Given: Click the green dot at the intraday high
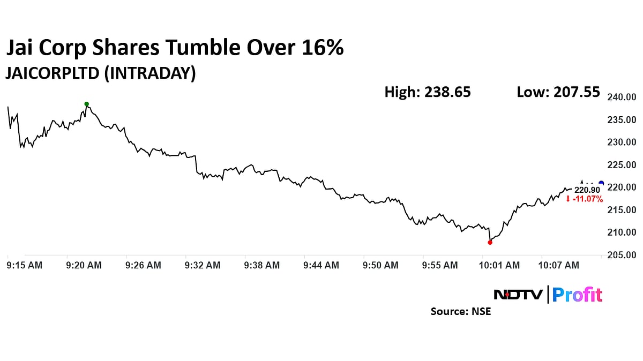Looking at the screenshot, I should (x=86, y=104).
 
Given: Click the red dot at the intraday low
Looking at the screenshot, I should (x=490, y=242).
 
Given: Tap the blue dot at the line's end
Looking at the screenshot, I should (x=601, y=184).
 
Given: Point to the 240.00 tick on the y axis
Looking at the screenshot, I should (x=622, y=97).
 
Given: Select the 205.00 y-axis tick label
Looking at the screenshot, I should (x=622, y=255).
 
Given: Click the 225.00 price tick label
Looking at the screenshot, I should (x=622, y=165).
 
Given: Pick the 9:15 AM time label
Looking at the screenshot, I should (x=25, y=265).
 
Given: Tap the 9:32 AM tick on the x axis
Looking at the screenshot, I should (x=202, y=265).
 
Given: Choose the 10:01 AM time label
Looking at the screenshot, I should (x=499, y=265).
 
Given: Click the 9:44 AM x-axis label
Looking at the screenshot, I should (x=321, y=265).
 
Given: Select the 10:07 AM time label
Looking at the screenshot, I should (x=559, y=265).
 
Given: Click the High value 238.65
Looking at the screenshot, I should (x=447, y=92).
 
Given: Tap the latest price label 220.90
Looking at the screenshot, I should (x=587, y=190).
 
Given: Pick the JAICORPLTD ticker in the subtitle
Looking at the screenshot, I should (x=52, y=73).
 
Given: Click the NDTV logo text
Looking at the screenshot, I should (x=518, y=295).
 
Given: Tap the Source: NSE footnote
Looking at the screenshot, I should (x=461, y=311).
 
